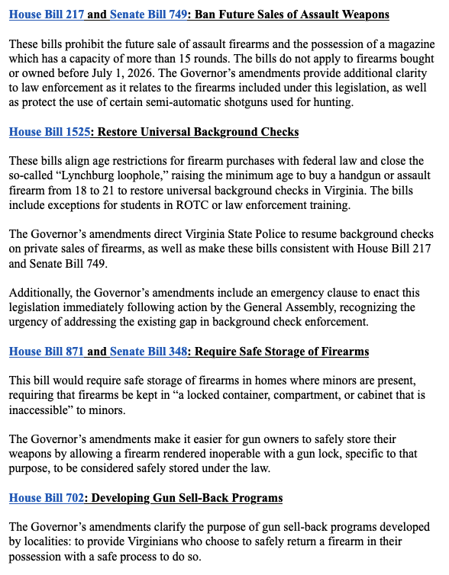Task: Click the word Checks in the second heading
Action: (x=278, y=132)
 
